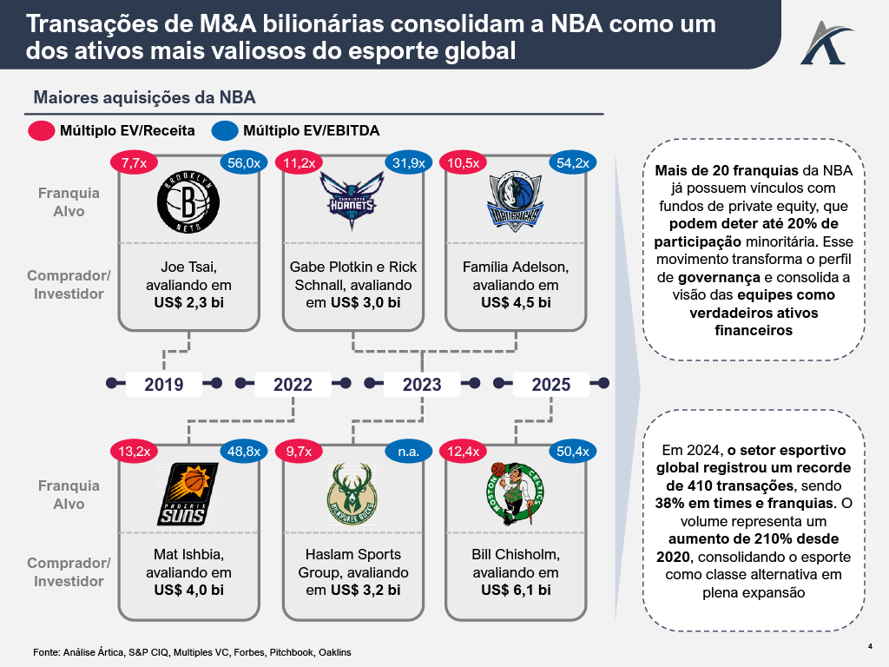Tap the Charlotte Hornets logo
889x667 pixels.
point(350,195)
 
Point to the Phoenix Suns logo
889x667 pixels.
point(184,492)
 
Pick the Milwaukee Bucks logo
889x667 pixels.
point(351,492)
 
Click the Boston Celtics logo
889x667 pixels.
point(515,492)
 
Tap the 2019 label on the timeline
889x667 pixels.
point(163,384)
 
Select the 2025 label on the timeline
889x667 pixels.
point(551,384)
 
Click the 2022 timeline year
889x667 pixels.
point(293,384)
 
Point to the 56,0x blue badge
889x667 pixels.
point(244,162)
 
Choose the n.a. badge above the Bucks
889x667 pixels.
point(408,452)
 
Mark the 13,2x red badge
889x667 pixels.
point(134,452)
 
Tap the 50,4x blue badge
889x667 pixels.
point(571,452)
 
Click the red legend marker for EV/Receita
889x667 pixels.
point(42,131)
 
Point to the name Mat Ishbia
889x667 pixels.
point(184,554)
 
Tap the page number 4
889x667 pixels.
point(870,645)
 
